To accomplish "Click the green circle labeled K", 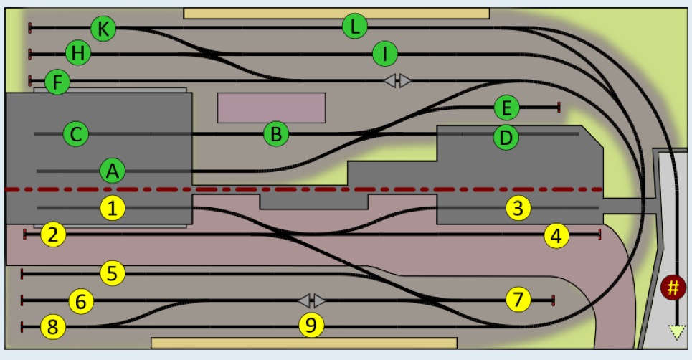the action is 103,28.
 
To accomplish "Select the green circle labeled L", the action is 355,26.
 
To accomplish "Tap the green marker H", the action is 78,52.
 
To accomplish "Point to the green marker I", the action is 385,54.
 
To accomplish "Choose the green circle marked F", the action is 57,82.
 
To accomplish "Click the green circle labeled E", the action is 507,107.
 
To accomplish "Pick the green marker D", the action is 506,137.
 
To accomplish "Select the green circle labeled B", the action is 276,133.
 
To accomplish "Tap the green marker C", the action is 76,133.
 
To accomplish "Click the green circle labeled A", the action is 113,170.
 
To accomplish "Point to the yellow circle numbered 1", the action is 113,208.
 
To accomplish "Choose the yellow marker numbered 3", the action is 518,208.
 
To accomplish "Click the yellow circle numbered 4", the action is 556,236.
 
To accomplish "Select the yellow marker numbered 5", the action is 113,273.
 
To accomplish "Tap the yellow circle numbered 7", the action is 518,299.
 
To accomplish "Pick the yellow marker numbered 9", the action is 311,325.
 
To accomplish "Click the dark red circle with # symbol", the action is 673,288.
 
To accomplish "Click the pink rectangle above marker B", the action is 271,108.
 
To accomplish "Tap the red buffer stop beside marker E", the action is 559,107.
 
